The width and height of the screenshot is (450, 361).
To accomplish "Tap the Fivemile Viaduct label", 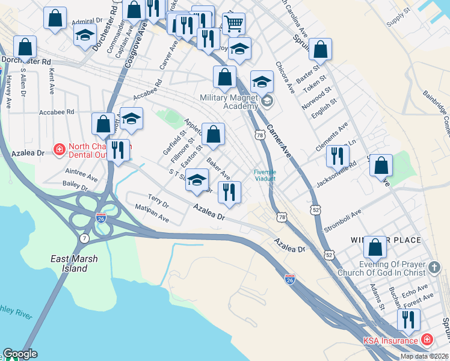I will tap(265, 175).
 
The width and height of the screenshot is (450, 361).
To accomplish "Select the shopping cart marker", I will tap(233, 24).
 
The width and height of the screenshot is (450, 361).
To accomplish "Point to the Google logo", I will tap(20, 354).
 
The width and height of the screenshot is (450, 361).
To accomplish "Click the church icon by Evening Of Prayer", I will tap(434, 266).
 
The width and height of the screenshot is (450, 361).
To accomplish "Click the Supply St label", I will tap(398, 22).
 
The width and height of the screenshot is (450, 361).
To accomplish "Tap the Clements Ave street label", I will tap(331, 138).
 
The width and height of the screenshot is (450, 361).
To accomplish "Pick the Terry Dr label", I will tap(158, 200).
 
